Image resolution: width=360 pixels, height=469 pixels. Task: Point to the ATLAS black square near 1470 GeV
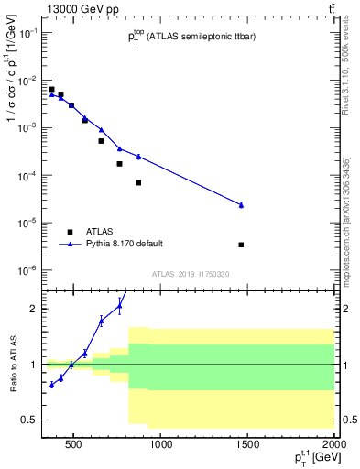[241, 245]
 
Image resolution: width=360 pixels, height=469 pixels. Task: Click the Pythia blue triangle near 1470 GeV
[241, 205]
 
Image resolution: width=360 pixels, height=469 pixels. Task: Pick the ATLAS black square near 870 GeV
[138, 182]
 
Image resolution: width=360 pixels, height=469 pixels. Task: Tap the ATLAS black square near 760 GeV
[119, 164]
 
